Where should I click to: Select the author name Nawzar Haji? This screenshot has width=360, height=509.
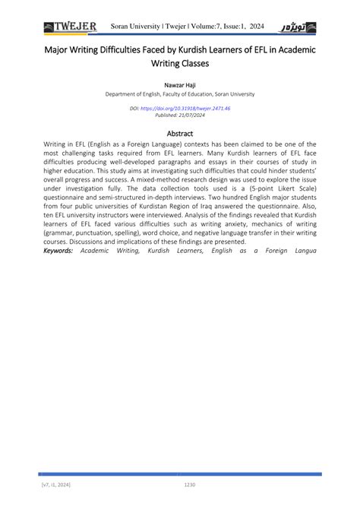tap(179, 84)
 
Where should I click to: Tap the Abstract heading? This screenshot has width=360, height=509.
tap(179, 133)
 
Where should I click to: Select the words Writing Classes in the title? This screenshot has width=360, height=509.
tap(179, 64)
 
